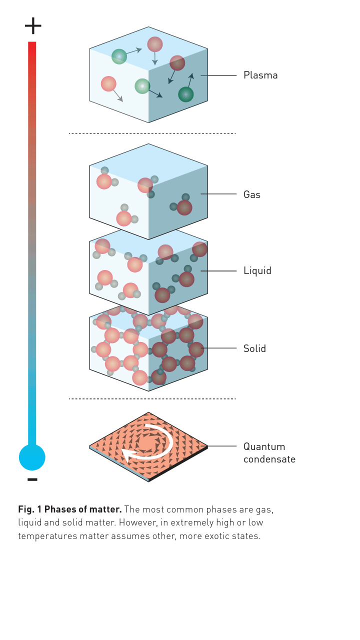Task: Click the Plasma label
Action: [260, 75]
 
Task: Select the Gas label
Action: [251, 194]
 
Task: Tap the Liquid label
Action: [257, 271]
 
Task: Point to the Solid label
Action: [254, 348]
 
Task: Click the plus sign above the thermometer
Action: [33, 25]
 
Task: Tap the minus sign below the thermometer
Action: [32, 479]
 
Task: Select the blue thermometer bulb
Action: [32, 457]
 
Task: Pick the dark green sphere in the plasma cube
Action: [185, 94]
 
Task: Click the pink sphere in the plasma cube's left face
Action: [108, 83]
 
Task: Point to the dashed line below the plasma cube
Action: [152, 133]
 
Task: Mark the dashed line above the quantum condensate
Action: [152, 398]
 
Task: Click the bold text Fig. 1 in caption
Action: [29, 509]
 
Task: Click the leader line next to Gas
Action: [218, 194]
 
